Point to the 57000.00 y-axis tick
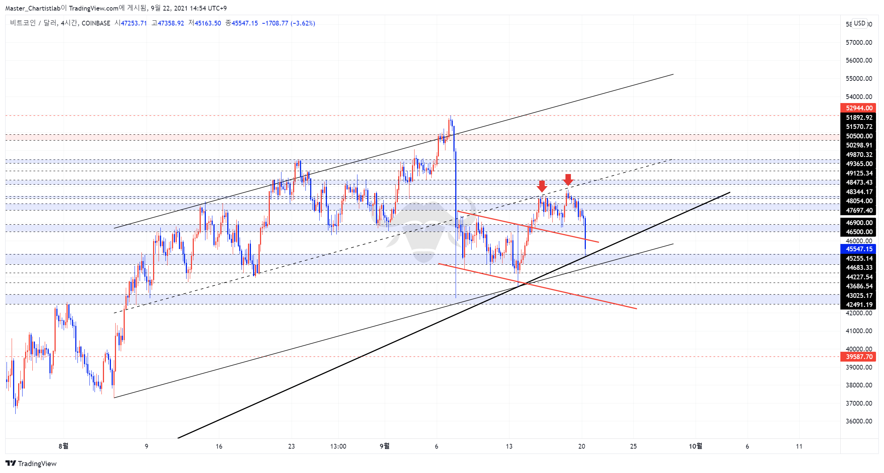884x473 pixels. [x=859, y=43]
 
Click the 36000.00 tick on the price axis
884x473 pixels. [x=859, y=421]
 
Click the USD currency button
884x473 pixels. [x=860, y=23]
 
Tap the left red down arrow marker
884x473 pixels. [x=542, y=186]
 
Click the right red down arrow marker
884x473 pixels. [x=568, y=180]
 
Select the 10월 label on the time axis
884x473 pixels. [x=695, y=446]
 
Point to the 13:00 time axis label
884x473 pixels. [x=338, y=446]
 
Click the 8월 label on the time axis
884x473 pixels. [x=63, y=446]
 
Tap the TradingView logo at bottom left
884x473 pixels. [x=31, y=464]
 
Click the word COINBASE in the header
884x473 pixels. [x=96, y=23]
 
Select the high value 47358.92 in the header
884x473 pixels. [x=171, y=23]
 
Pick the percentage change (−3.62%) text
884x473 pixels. [x=303, y=23]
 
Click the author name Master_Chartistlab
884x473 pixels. [x=33, y=8]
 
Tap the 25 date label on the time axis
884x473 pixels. [x=633, y=446]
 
